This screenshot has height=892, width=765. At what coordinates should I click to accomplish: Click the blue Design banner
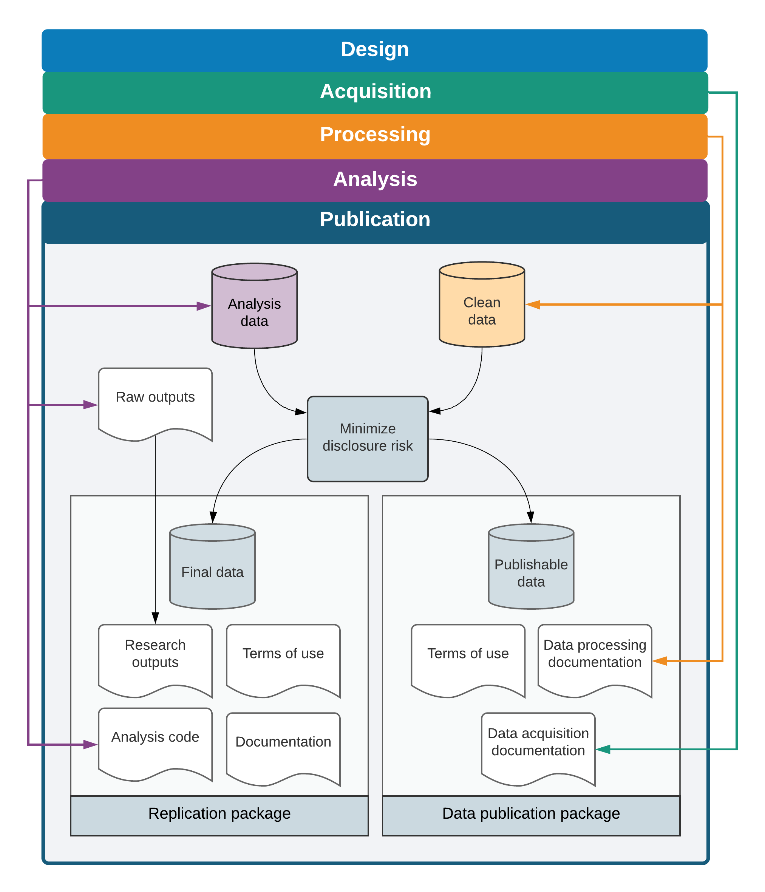point(374,50)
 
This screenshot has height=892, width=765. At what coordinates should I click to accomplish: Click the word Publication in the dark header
point(375,220)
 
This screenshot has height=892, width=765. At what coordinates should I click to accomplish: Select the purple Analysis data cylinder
point(254,306)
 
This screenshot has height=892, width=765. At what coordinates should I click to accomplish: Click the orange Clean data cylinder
point(482,305)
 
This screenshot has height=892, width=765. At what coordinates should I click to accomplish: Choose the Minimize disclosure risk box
point(368,439)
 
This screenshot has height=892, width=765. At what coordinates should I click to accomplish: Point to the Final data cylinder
point(213,567)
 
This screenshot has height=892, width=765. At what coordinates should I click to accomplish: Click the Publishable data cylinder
point(531,567)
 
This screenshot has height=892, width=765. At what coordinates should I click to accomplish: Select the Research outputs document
point(155,661)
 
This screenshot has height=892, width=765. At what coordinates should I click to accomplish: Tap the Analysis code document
point(155,744)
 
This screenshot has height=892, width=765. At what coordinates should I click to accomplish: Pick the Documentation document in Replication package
point(283,749)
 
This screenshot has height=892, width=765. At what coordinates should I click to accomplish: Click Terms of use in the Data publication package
point(468,661)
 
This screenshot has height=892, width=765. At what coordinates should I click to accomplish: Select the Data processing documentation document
point(595,661)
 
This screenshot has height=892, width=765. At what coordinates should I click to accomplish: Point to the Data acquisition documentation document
point(538,749)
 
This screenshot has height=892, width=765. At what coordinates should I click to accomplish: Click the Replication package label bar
point(219,816)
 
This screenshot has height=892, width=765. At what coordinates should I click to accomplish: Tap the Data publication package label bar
point(531,816)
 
